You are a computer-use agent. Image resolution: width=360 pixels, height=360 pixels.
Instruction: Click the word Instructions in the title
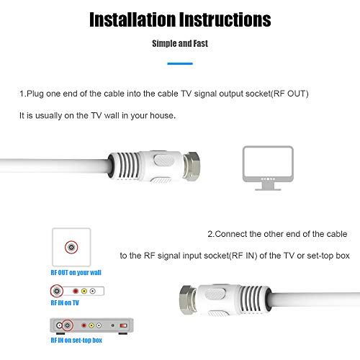point(225,19)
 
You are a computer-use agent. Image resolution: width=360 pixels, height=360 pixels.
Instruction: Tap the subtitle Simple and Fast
point(179,44)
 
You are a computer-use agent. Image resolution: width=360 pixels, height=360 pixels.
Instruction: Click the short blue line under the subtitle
point(179,64)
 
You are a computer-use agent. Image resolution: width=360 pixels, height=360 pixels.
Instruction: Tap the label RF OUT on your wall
point(76,273)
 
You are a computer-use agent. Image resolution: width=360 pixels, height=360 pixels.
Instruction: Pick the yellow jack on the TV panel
point(84,292)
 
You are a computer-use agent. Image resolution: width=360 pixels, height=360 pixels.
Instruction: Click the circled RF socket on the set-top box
point(67,325)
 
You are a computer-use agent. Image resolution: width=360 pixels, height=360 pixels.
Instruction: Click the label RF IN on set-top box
point(76,340)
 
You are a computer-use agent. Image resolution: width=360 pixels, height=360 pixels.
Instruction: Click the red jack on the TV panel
point(75,292)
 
